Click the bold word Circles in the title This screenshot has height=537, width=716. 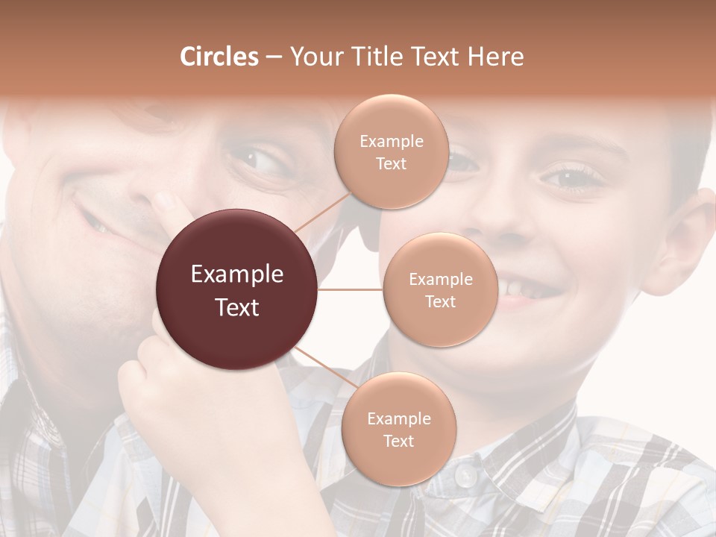click(219, 57)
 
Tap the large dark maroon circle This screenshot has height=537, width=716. click(237, 289)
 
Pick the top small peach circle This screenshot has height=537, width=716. click(391, 151)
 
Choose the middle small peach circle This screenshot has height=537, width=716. click(440, 289)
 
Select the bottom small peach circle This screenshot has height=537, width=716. click(398, 429)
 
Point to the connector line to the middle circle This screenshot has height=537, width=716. click(351, 289)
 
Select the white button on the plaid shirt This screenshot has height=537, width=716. click(465, 475)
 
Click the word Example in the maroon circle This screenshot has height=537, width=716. click(237, 274)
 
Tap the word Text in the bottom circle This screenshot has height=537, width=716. click(398, 441)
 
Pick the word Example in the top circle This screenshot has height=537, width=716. click(391, 141)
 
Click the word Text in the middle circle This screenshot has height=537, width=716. click(440, 301)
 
